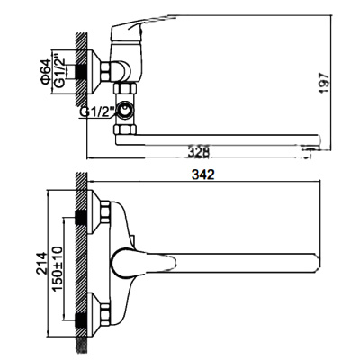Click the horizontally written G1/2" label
(x=98, y=112)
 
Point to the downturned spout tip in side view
(x=314, y=139)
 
